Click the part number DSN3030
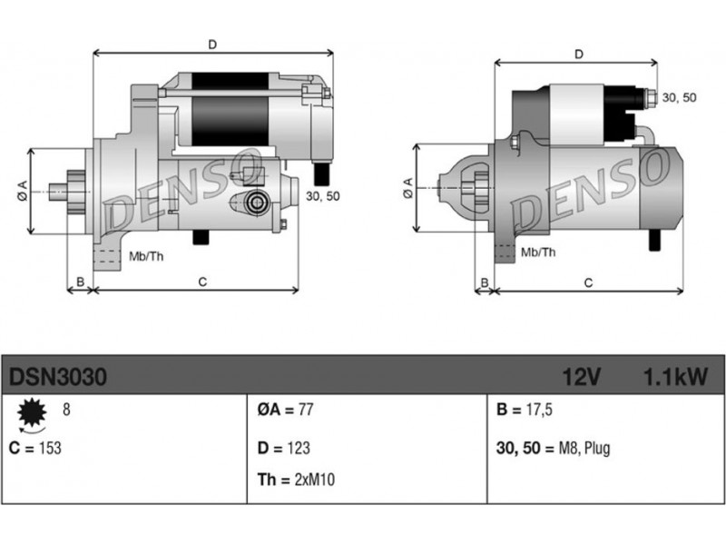(x=58, y=377)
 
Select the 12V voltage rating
(x=582, y=377)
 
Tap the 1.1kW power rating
(x=676, y=377)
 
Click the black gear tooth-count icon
(x=32, y=412)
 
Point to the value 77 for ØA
(x=306, y=410)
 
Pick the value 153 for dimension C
(x=50, y=448)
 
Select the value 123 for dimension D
(x=299, y=448)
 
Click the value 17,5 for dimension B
(x=539, y=410)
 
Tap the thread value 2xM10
(x=314, y=480)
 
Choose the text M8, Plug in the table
(x=584, y=449)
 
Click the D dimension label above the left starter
(x=212, y=45)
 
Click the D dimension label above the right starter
(x=579, y=54)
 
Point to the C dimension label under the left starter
(x=202, y=282)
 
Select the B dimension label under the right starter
(x=485, y=282)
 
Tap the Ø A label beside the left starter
(x=22, y=191)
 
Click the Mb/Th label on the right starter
(x=538, y=253)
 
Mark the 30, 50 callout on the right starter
(x=679, y=97)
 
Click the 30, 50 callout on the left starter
(x=323, y=196)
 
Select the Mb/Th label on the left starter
(x=146, y=256)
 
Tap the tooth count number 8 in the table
(x=66, y=410)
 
